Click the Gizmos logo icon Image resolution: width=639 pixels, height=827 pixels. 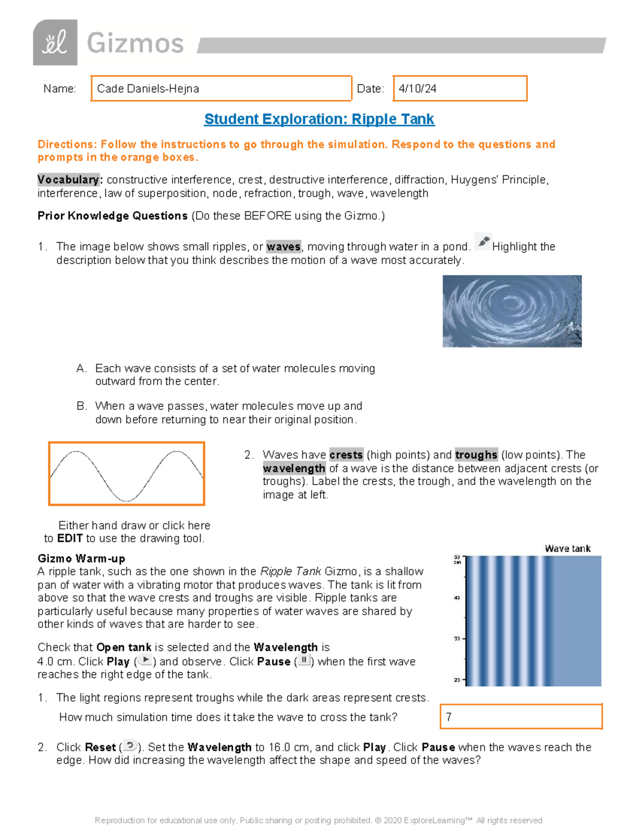55,43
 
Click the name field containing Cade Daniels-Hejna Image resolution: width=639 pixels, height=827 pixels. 221,88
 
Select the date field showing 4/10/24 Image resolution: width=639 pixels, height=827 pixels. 460,88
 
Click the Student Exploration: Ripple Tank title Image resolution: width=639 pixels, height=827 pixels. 319,119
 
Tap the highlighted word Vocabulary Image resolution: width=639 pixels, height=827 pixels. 68,179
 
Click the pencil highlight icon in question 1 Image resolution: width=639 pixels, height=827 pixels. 483,242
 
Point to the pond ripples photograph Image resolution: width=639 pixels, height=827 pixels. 512,311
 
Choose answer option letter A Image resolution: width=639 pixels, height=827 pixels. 81,369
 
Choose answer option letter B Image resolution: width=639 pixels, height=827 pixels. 81,406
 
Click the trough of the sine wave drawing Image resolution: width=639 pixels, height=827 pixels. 126,500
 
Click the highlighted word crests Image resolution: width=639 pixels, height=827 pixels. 346,455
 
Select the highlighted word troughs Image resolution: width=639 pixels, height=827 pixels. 476,455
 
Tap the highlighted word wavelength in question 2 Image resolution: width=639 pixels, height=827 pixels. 294,468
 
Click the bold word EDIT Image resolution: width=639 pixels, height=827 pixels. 70,538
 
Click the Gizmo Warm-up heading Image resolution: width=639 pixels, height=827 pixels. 81,559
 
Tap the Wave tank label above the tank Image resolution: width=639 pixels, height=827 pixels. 568,548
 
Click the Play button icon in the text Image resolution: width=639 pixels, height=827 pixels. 145,660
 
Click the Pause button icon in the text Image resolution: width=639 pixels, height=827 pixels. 304,660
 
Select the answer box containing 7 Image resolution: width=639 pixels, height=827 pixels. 521,717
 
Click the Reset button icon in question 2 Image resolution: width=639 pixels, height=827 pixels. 130,746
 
